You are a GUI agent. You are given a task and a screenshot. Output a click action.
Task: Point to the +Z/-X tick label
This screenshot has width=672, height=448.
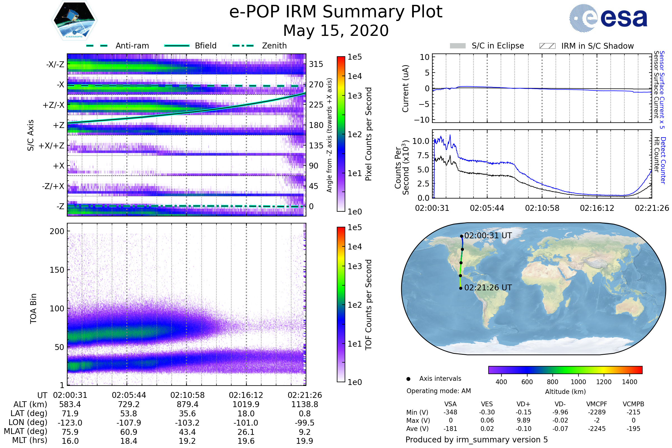[x=53, y=105]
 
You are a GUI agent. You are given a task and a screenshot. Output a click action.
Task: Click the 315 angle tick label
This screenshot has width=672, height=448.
[x=316, y=64]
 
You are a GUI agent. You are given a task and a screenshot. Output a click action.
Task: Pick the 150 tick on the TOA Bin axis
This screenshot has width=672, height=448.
[x=57, y=270]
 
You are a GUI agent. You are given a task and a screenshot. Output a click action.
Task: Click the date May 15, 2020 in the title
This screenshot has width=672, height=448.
[x=336, y=31]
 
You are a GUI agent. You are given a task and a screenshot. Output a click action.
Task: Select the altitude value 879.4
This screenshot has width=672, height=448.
[x=187, y=404]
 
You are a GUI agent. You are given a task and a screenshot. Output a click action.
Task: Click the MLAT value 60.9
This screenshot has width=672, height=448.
[x=129, y=432]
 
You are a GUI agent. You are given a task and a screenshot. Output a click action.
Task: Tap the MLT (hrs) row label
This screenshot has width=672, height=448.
[x=29, y=440]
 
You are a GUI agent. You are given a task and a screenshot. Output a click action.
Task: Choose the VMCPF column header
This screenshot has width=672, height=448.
[x=597, y=404]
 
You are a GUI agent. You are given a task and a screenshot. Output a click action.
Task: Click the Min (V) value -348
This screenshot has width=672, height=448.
[x=450, y=412]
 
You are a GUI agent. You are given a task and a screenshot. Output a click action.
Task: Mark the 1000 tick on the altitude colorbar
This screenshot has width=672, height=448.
[x=578, y=382]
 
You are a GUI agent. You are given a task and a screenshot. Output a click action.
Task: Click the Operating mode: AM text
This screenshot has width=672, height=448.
[x=438, y=391]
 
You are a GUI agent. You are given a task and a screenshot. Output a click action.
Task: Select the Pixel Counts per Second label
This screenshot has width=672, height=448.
[x=368, y=134]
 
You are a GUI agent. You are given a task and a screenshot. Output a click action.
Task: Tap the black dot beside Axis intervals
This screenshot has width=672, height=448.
[x=408, y=379]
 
